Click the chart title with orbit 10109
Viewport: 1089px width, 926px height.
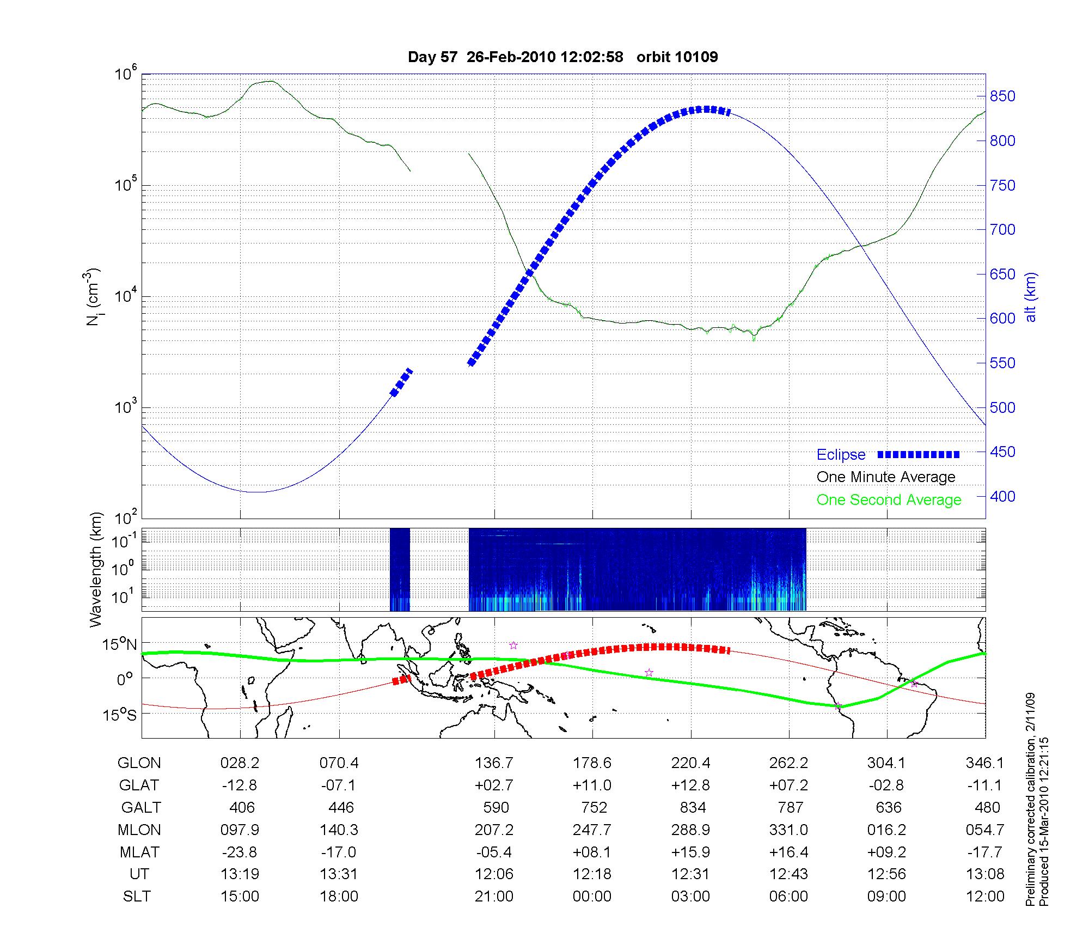tap(562, 57)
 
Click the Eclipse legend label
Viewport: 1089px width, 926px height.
tap(841, 455)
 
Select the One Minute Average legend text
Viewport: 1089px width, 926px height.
tap(886, 477)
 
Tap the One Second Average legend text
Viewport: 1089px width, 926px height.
tap(889, 500)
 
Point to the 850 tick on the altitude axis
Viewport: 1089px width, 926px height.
tap(1002, 96)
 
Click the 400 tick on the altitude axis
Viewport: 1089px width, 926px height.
tap(1002, 496)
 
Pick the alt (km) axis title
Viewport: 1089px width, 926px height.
tap(1031, 297)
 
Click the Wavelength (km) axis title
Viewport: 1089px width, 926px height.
tap(96, 570)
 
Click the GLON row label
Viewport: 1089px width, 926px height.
tap(139, 763)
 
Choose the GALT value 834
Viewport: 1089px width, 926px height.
tap(693, 807)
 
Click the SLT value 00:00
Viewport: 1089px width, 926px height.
tap(592, 896)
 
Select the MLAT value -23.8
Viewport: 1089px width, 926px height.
tap(240, 852)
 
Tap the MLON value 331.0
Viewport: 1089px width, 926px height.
tap(788, 830)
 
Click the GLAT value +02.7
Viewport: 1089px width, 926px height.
tap(494, 785)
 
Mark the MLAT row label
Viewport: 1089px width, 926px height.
tap(139, 852)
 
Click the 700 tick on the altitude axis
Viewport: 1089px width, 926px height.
tap(1002, 230)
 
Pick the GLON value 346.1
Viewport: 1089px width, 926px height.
tap(984, 763)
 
